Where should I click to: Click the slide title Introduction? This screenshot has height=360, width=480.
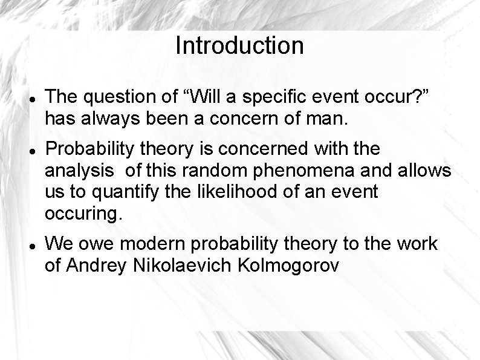click(x=239, y=46)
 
